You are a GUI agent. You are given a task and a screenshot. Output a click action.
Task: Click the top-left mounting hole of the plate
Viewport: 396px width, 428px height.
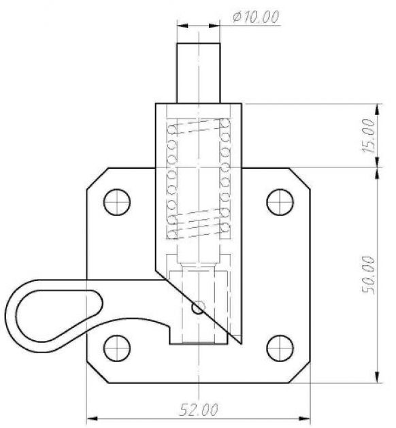117,202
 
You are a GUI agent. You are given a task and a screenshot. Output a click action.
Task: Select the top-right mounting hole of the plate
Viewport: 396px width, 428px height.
279,202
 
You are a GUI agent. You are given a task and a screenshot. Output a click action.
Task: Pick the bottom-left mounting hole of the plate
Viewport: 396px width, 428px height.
117,347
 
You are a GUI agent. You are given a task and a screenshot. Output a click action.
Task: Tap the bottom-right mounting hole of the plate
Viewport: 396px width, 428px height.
279,347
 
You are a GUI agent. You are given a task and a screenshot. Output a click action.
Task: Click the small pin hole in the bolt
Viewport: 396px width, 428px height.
197,308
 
